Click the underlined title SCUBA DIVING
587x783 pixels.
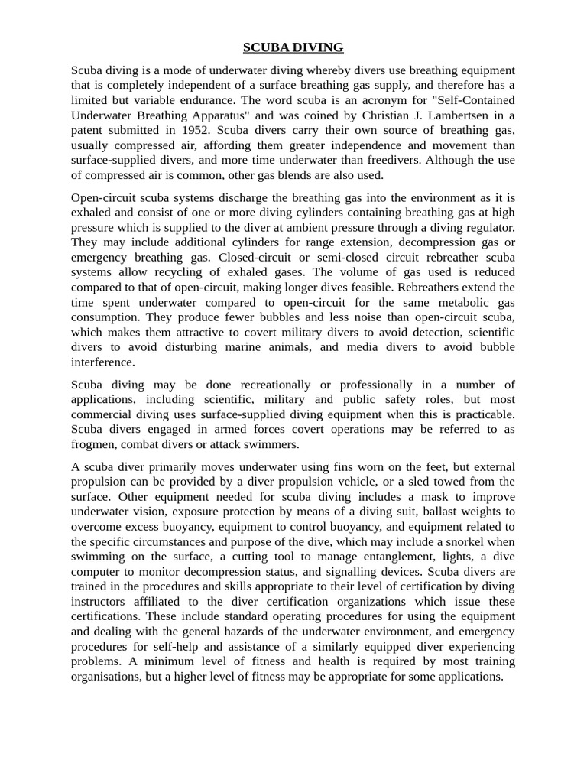tap(293, 48)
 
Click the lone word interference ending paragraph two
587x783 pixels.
tap(102, 362)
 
